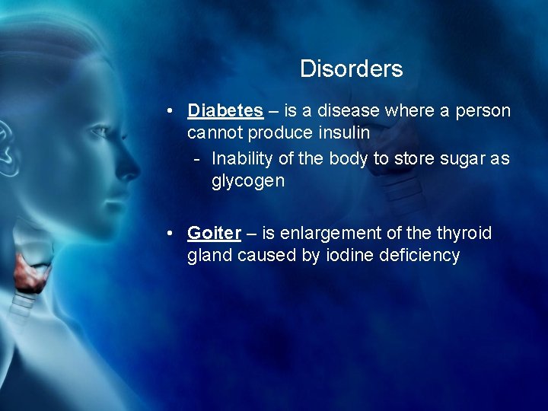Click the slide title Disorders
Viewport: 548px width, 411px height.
(x=351, y=69)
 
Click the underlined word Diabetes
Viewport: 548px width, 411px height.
(x=225, y=111)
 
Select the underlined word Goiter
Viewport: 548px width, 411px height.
(x=214, y=233)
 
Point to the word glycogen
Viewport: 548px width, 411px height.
(x=249, y=181)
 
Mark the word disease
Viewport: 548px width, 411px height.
(x=349, y=111)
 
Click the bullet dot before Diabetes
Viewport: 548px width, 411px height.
(x=173, y=111)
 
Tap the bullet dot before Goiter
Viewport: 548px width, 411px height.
(x=173, y=233)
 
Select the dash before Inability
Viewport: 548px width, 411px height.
(x=197, y=159)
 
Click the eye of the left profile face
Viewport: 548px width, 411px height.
(x=98, y=132)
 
